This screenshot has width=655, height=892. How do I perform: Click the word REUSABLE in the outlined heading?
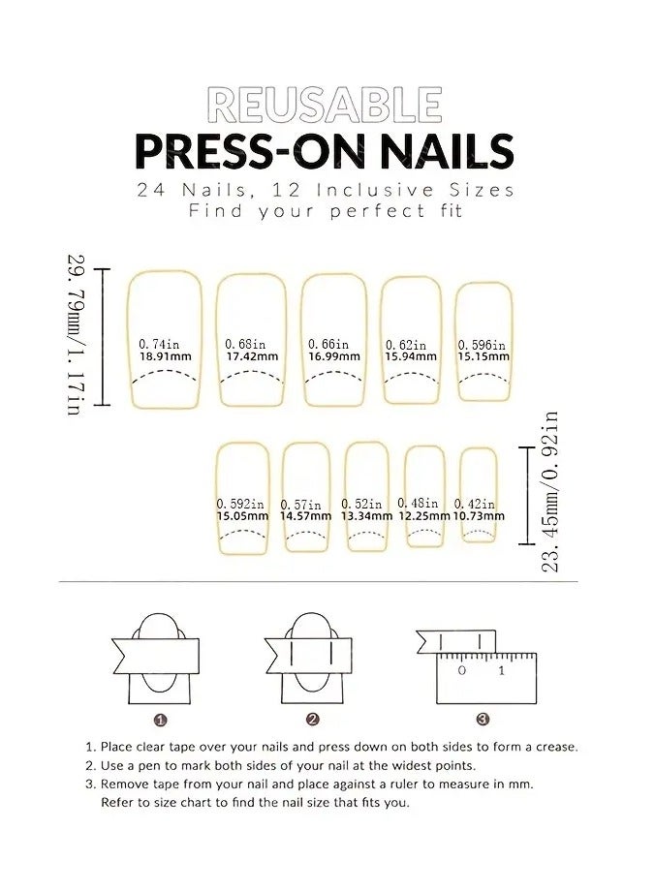coord(326,104)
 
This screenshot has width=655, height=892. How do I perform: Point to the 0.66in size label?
coord(328,344)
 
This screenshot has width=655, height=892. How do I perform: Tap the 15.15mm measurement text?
coord(483,356)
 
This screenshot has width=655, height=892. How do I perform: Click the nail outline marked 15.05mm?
coord(242,475)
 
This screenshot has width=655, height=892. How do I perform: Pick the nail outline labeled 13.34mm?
coord(366,475)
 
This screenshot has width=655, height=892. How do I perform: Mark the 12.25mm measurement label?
coord(423,516)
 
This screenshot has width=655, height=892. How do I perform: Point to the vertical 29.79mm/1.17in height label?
coord(76,334)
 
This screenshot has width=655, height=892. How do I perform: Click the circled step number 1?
coord(161,720)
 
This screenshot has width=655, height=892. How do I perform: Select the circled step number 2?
coord(312,720)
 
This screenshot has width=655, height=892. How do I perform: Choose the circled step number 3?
coord(483,720)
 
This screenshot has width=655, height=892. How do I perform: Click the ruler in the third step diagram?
coord(485,678)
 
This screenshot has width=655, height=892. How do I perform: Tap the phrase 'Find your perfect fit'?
coord(321,210)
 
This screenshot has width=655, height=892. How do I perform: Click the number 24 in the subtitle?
coord(150,190)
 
